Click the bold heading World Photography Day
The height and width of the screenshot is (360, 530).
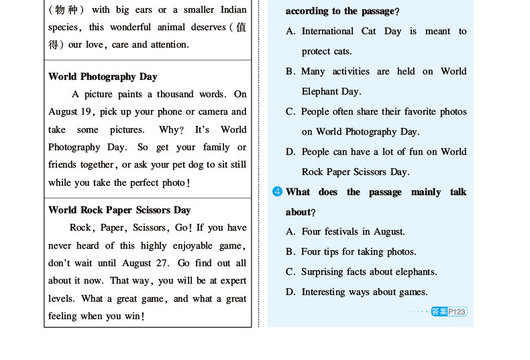coord(103,76)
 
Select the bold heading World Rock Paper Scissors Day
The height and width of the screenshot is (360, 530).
coord(119,210)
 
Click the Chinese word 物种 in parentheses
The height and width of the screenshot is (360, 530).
coord(66,10)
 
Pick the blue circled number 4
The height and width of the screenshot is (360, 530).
coord(277,192)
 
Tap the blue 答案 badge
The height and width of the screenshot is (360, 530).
coord(439,311)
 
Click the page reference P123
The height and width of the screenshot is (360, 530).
coord(457,311)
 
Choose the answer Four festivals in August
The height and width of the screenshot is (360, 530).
coord(353,231)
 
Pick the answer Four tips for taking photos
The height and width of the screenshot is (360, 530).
coord(358,251)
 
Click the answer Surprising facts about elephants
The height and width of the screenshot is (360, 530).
coord(369,272)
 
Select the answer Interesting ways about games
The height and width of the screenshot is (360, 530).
coord(364,292)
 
